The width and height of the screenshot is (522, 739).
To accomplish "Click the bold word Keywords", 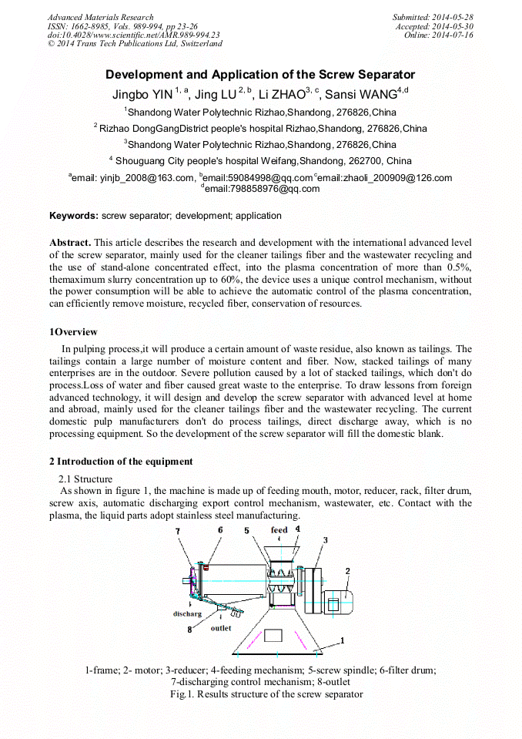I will [x=74, y=216].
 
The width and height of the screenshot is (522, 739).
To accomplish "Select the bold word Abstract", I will [x=71, y=243].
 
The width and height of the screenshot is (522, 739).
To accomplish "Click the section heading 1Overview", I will [x=74, y=332].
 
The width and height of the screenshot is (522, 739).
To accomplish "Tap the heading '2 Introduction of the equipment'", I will [x=121, y=462].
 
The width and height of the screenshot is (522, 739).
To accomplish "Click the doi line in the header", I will [x=134, y=35].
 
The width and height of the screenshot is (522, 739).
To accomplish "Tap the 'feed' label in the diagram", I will [x=279, y=530].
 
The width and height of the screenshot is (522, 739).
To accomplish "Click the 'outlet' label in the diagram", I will [x=221, y=628].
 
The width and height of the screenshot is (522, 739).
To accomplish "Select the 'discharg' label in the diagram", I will [x=187, y=614].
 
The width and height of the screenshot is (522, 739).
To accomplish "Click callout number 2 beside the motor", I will [x=348, y=571].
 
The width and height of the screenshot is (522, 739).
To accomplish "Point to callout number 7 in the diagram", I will [x=178, y=531].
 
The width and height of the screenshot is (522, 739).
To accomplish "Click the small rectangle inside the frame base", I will [x=274, y=636].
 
